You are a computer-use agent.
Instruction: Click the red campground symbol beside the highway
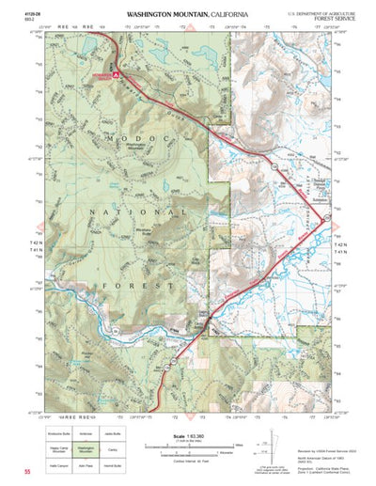point(115,72)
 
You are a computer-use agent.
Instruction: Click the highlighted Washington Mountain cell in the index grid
point(88,449)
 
